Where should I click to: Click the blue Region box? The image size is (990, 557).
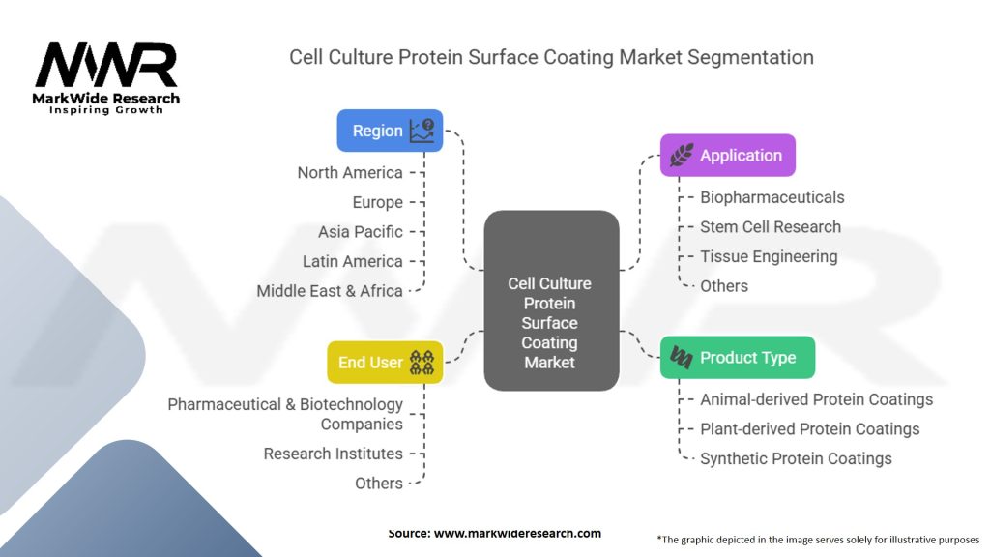click(390, 131)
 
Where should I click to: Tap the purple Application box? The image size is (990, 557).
click(727, 156)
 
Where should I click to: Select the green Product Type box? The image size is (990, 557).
click(738, 358)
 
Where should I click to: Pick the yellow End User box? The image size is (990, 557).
click(385, 363)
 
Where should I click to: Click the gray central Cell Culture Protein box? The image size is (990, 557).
click(551, 301)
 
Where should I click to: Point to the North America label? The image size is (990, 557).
click(350, 173)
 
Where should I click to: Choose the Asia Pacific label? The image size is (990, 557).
click(360, 232)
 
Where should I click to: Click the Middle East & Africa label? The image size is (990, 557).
click(330, 291)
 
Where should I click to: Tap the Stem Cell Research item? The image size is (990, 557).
click(771, 226)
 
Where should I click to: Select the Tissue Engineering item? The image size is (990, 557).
click(769, 257)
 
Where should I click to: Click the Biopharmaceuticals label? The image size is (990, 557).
click(772, 197)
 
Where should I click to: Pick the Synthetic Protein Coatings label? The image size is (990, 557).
click(796, 459)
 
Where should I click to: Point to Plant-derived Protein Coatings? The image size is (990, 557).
click(809, 429)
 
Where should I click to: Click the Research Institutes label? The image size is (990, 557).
click(333, 454)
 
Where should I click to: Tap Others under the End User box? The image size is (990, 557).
click(378, 484)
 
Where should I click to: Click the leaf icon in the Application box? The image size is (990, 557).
click(682, 156)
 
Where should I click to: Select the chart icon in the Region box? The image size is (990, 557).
click(422, 131)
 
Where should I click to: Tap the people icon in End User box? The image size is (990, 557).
click(422, 363)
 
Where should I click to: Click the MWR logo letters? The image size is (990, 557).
click(106, 65)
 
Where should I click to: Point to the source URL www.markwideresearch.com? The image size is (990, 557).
click(517, 533)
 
